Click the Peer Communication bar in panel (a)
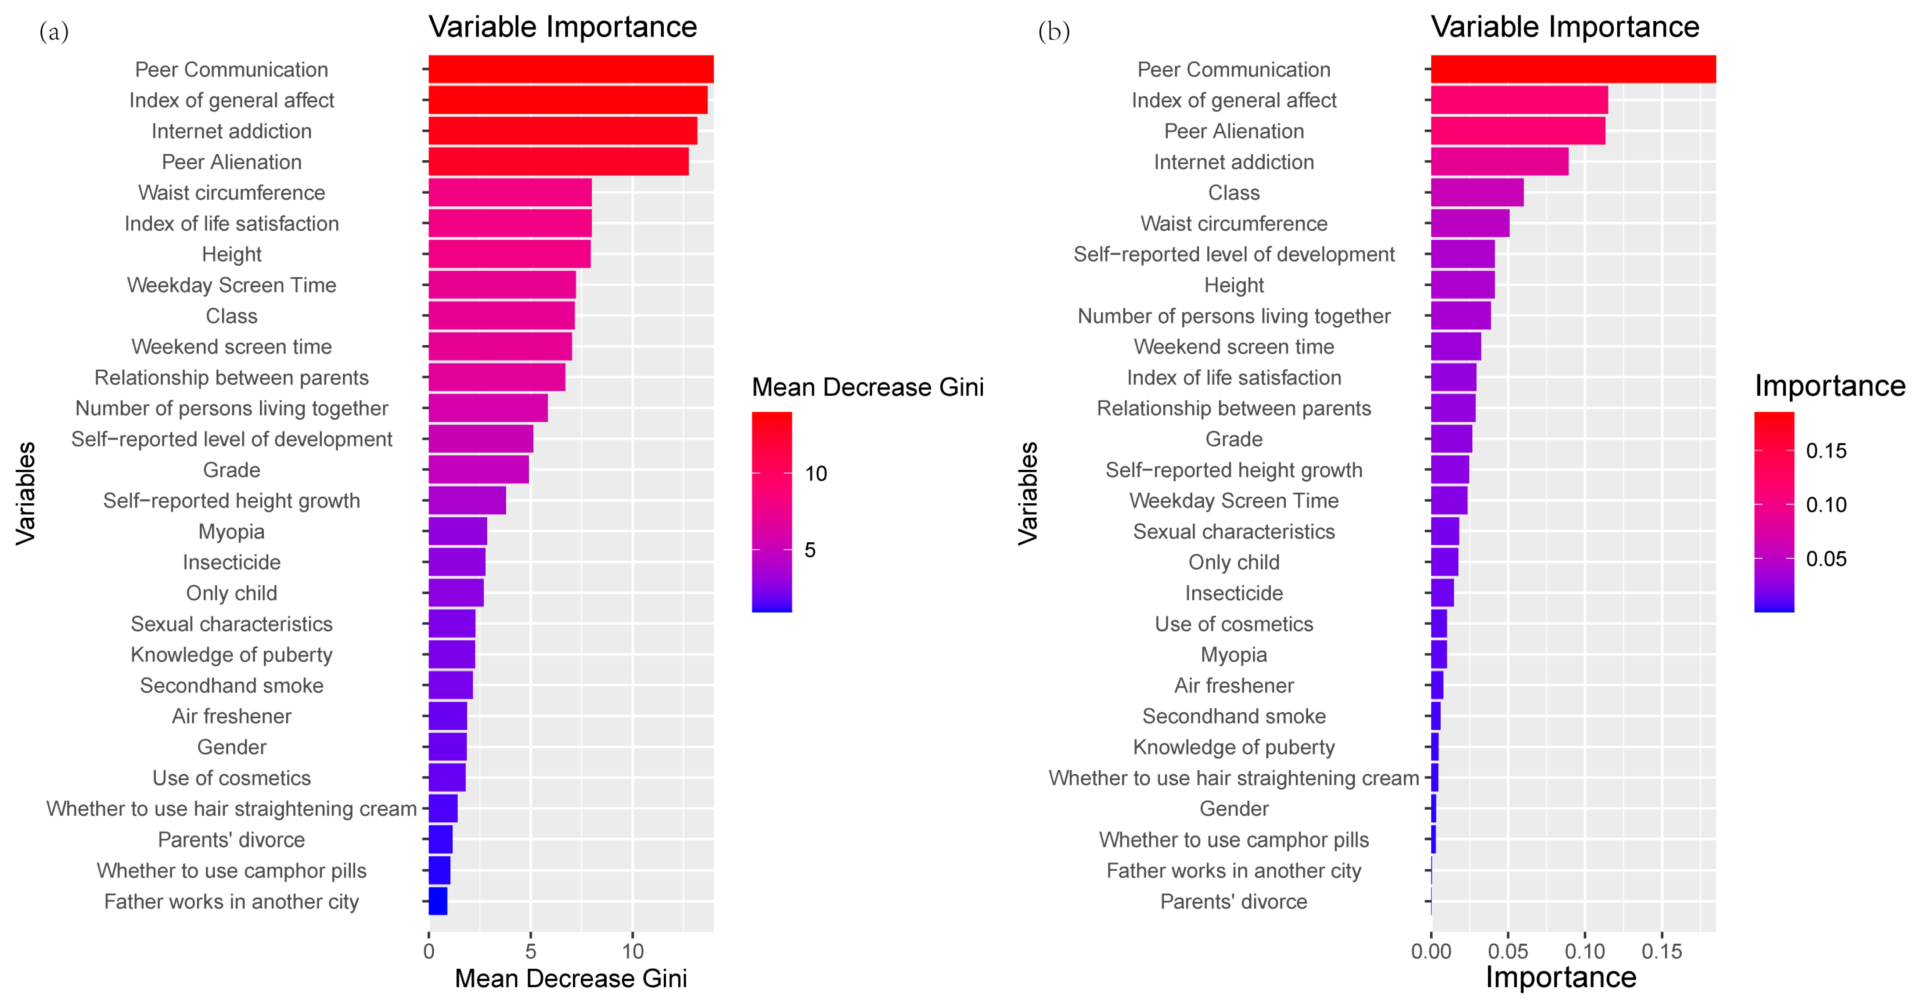571,69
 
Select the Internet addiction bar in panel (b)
1500,161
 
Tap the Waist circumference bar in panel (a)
510,192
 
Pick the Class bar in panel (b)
1477,192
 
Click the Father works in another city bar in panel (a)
438,901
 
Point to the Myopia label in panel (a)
231,532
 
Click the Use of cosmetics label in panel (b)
1234,624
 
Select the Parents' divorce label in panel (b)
1234,901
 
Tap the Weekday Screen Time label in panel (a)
231,285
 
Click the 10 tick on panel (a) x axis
632,951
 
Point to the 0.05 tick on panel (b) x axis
1507,951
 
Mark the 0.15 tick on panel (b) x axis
1662,951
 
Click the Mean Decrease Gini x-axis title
571,978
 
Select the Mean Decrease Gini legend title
867,387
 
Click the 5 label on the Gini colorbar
810,550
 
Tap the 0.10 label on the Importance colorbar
1826,505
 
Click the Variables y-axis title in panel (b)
1028,494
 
